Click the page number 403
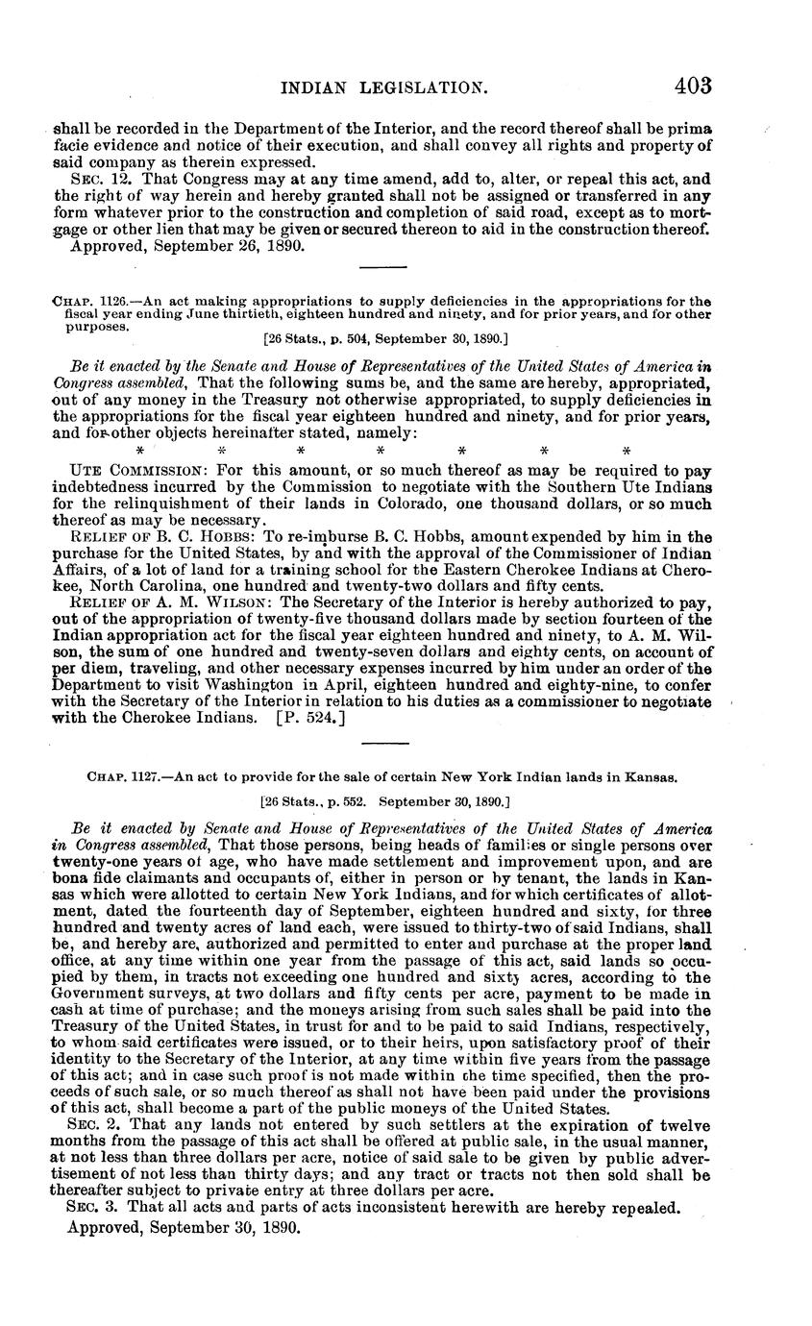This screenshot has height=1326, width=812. pos(692,86)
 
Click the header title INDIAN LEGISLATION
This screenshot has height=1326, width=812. pos(383,88)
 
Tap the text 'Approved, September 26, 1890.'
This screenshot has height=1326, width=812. pos(188,246)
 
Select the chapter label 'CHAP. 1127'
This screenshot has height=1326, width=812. pos(126,776)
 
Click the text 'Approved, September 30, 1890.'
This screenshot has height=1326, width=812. pos(185,1228)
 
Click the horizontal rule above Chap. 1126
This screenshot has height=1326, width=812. pos(382,268)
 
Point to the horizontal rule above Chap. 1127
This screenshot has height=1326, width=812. pos(382,742)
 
